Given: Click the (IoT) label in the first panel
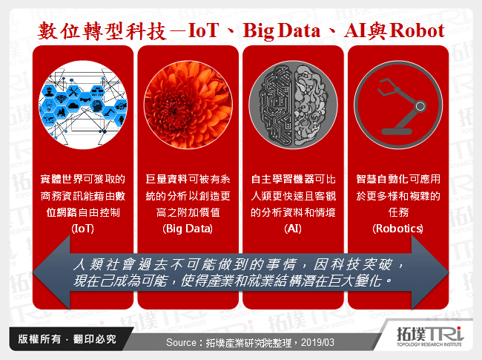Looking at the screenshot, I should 82,229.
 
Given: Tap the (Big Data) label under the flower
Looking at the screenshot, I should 188,229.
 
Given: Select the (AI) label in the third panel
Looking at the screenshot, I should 294,229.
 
